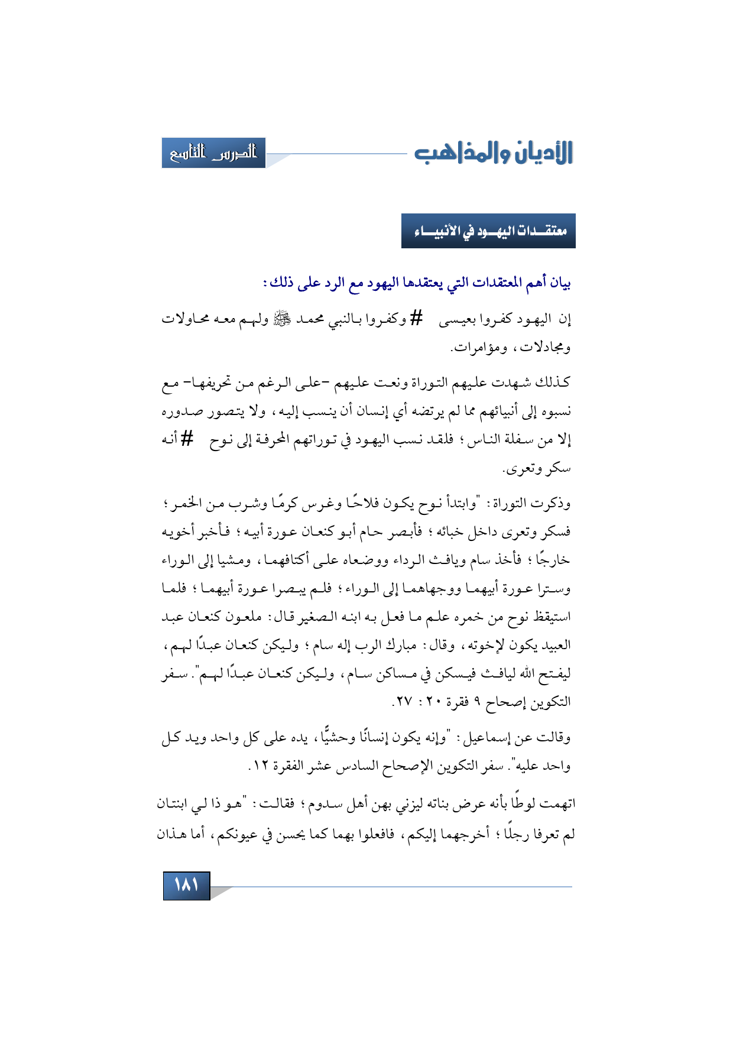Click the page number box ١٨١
click(186, 885)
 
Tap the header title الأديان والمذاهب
click(494, 153)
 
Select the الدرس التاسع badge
click(213, 153)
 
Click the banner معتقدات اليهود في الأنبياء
click(489, 231)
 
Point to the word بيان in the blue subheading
click(559, 283)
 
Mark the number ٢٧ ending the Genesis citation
click(404, 702)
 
